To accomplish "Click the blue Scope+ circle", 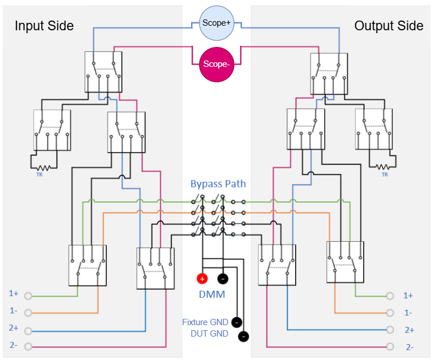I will click(216, 23).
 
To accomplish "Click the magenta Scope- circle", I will click(216, 64).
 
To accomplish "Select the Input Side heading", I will click(44, 26).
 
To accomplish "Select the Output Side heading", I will click(388, 26).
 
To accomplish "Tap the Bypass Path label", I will click(218, 184).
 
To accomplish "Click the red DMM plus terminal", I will click(202, 279).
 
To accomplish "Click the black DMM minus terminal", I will click(223, 279).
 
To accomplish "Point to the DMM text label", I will click(212, 295).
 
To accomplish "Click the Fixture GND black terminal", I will click(237, 322).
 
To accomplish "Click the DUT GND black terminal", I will click(244, 336).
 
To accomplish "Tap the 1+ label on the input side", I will click(13, 293).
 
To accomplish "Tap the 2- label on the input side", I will click(13, 345).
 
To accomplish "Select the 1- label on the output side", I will click(408, 313).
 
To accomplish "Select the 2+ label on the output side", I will click(408, 330).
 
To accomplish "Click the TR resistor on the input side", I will click(41, 167).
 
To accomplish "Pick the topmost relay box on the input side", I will click(104, 71).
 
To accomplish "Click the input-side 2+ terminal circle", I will click(28, 331).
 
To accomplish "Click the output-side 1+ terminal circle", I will click(390, 296).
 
